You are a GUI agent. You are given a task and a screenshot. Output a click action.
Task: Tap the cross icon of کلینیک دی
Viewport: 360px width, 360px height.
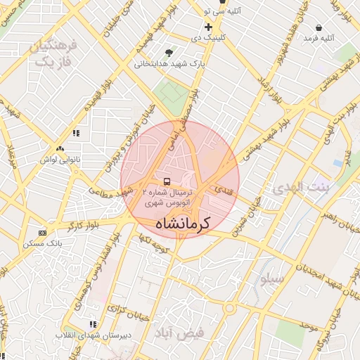coord(208,27)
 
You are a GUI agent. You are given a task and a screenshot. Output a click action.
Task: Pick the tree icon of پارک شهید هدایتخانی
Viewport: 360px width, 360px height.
coord(169,53)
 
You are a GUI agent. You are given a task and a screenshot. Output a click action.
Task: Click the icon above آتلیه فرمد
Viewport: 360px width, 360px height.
coord(319,28)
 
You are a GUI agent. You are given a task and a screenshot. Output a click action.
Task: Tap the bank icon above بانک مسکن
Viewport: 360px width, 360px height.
coord(42,233)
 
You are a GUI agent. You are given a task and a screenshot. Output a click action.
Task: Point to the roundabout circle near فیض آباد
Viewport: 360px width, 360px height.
coord(229,309)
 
